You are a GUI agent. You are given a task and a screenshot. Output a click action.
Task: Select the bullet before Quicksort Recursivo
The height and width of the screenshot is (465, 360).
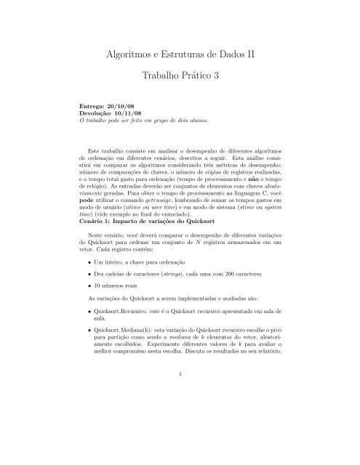point(89,337)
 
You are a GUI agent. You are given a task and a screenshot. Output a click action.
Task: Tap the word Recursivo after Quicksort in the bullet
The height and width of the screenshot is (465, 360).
point(143,337)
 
